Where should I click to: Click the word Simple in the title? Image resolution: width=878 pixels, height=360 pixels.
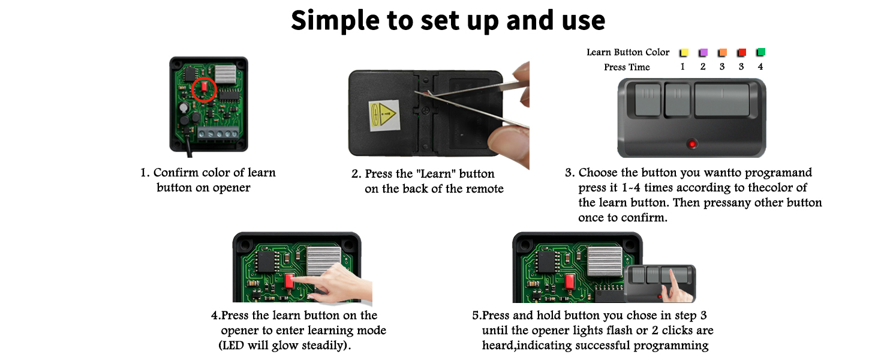333,20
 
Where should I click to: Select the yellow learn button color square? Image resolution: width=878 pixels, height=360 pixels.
684,53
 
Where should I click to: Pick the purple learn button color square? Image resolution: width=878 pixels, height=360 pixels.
703,53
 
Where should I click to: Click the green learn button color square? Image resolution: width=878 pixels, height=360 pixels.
761,52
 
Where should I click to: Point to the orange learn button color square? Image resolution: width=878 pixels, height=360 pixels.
723,53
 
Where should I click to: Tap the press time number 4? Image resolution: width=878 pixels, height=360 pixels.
760,67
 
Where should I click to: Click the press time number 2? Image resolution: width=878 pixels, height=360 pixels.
703,67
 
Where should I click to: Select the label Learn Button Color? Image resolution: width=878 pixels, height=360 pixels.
628,52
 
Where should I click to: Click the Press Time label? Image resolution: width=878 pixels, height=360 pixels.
627,67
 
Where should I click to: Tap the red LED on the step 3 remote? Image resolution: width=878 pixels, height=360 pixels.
692,144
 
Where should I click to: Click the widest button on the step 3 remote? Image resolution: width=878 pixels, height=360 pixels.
722,100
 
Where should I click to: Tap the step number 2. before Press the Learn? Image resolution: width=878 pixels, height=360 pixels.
356,174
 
